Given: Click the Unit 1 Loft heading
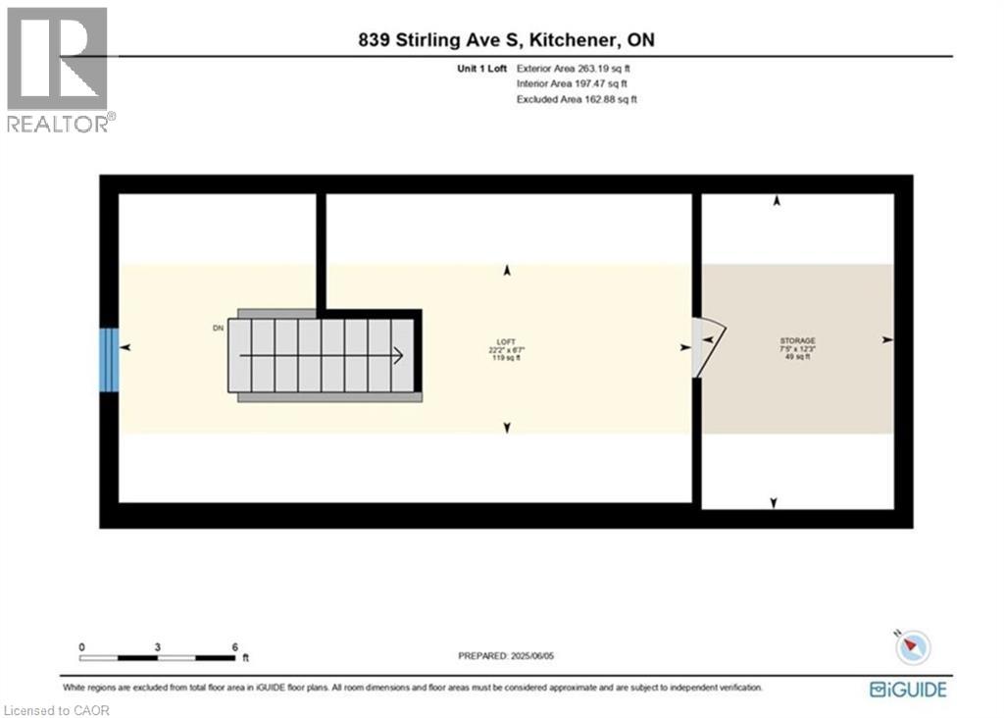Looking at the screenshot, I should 477,69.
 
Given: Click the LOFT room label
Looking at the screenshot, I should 506,340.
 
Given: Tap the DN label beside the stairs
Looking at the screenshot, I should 217,329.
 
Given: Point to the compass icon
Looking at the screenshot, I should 914,646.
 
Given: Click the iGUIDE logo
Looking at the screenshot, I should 908,690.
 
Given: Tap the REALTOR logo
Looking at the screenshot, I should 58,69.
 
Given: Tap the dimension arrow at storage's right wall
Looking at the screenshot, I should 887,339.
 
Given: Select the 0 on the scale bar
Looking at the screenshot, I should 82,647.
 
